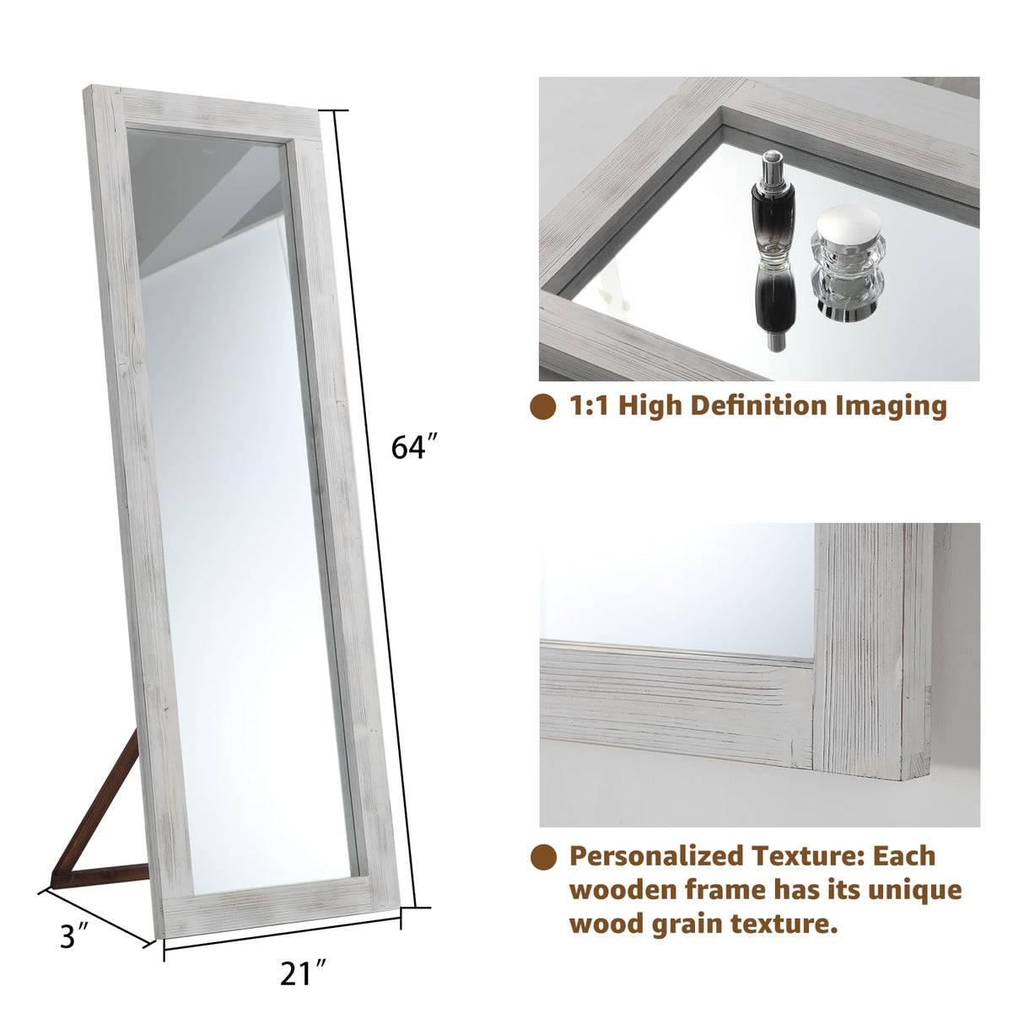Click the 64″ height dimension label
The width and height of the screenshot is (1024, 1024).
(414, 446)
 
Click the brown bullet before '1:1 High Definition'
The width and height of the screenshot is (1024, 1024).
(543, 407)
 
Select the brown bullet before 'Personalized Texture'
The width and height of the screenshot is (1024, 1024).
(543, 857)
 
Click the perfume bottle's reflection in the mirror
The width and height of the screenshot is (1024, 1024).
(773, 304)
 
